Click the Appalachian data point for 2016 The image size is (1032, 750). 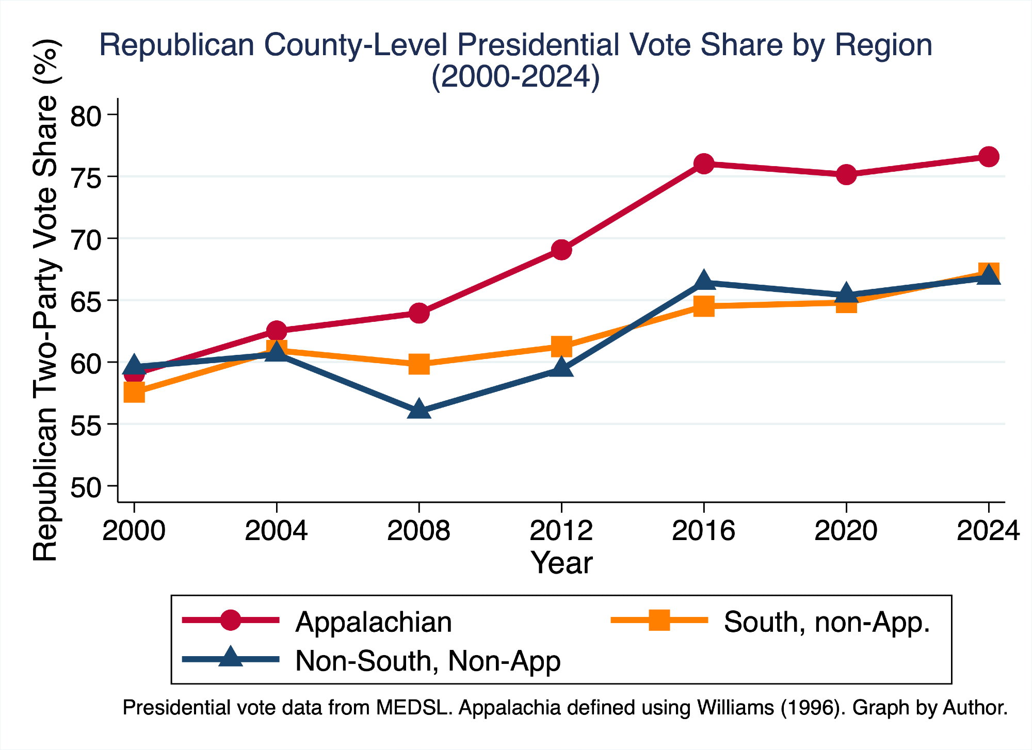pyautogui.click(x=703, y=164)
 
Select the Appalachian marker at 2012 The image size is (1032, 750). pyautogui.click(x=561, y=250)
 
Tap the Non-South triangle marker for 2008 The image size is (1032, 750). pyautogui.click(x=419, y=410)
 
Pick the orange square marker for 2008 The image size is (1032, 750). pyautogui.click(x=419, y=364)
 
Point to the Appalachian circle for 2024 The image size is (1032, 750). pyautogui.click(x=989, y=156)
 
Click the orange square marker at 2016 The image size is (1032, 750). pyautogui.click(x=703, y=306)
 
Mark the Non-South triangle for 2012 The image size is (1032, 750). pyautogui.click(x=561, y=368)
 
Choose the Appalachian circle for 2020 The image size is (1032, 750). pyautogui.click(x=846, y=174)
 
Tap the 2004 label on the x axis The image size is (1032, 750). pyautogui.click(x=276, y=531)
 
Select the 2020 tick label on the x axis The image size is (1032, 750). pyautogui.click(x=846, y=531)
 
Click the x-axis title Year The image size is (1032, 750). pyautogui.click(x=561, y=563)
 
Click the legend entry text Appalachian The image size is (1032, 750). pyautogui.click(x=374, y=622)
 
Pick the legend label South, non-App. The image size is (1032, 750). pyautogui.click(x=827, y=622)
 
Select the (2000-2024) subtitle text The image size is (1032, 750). pyautogui.click(x=515, y=77)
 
